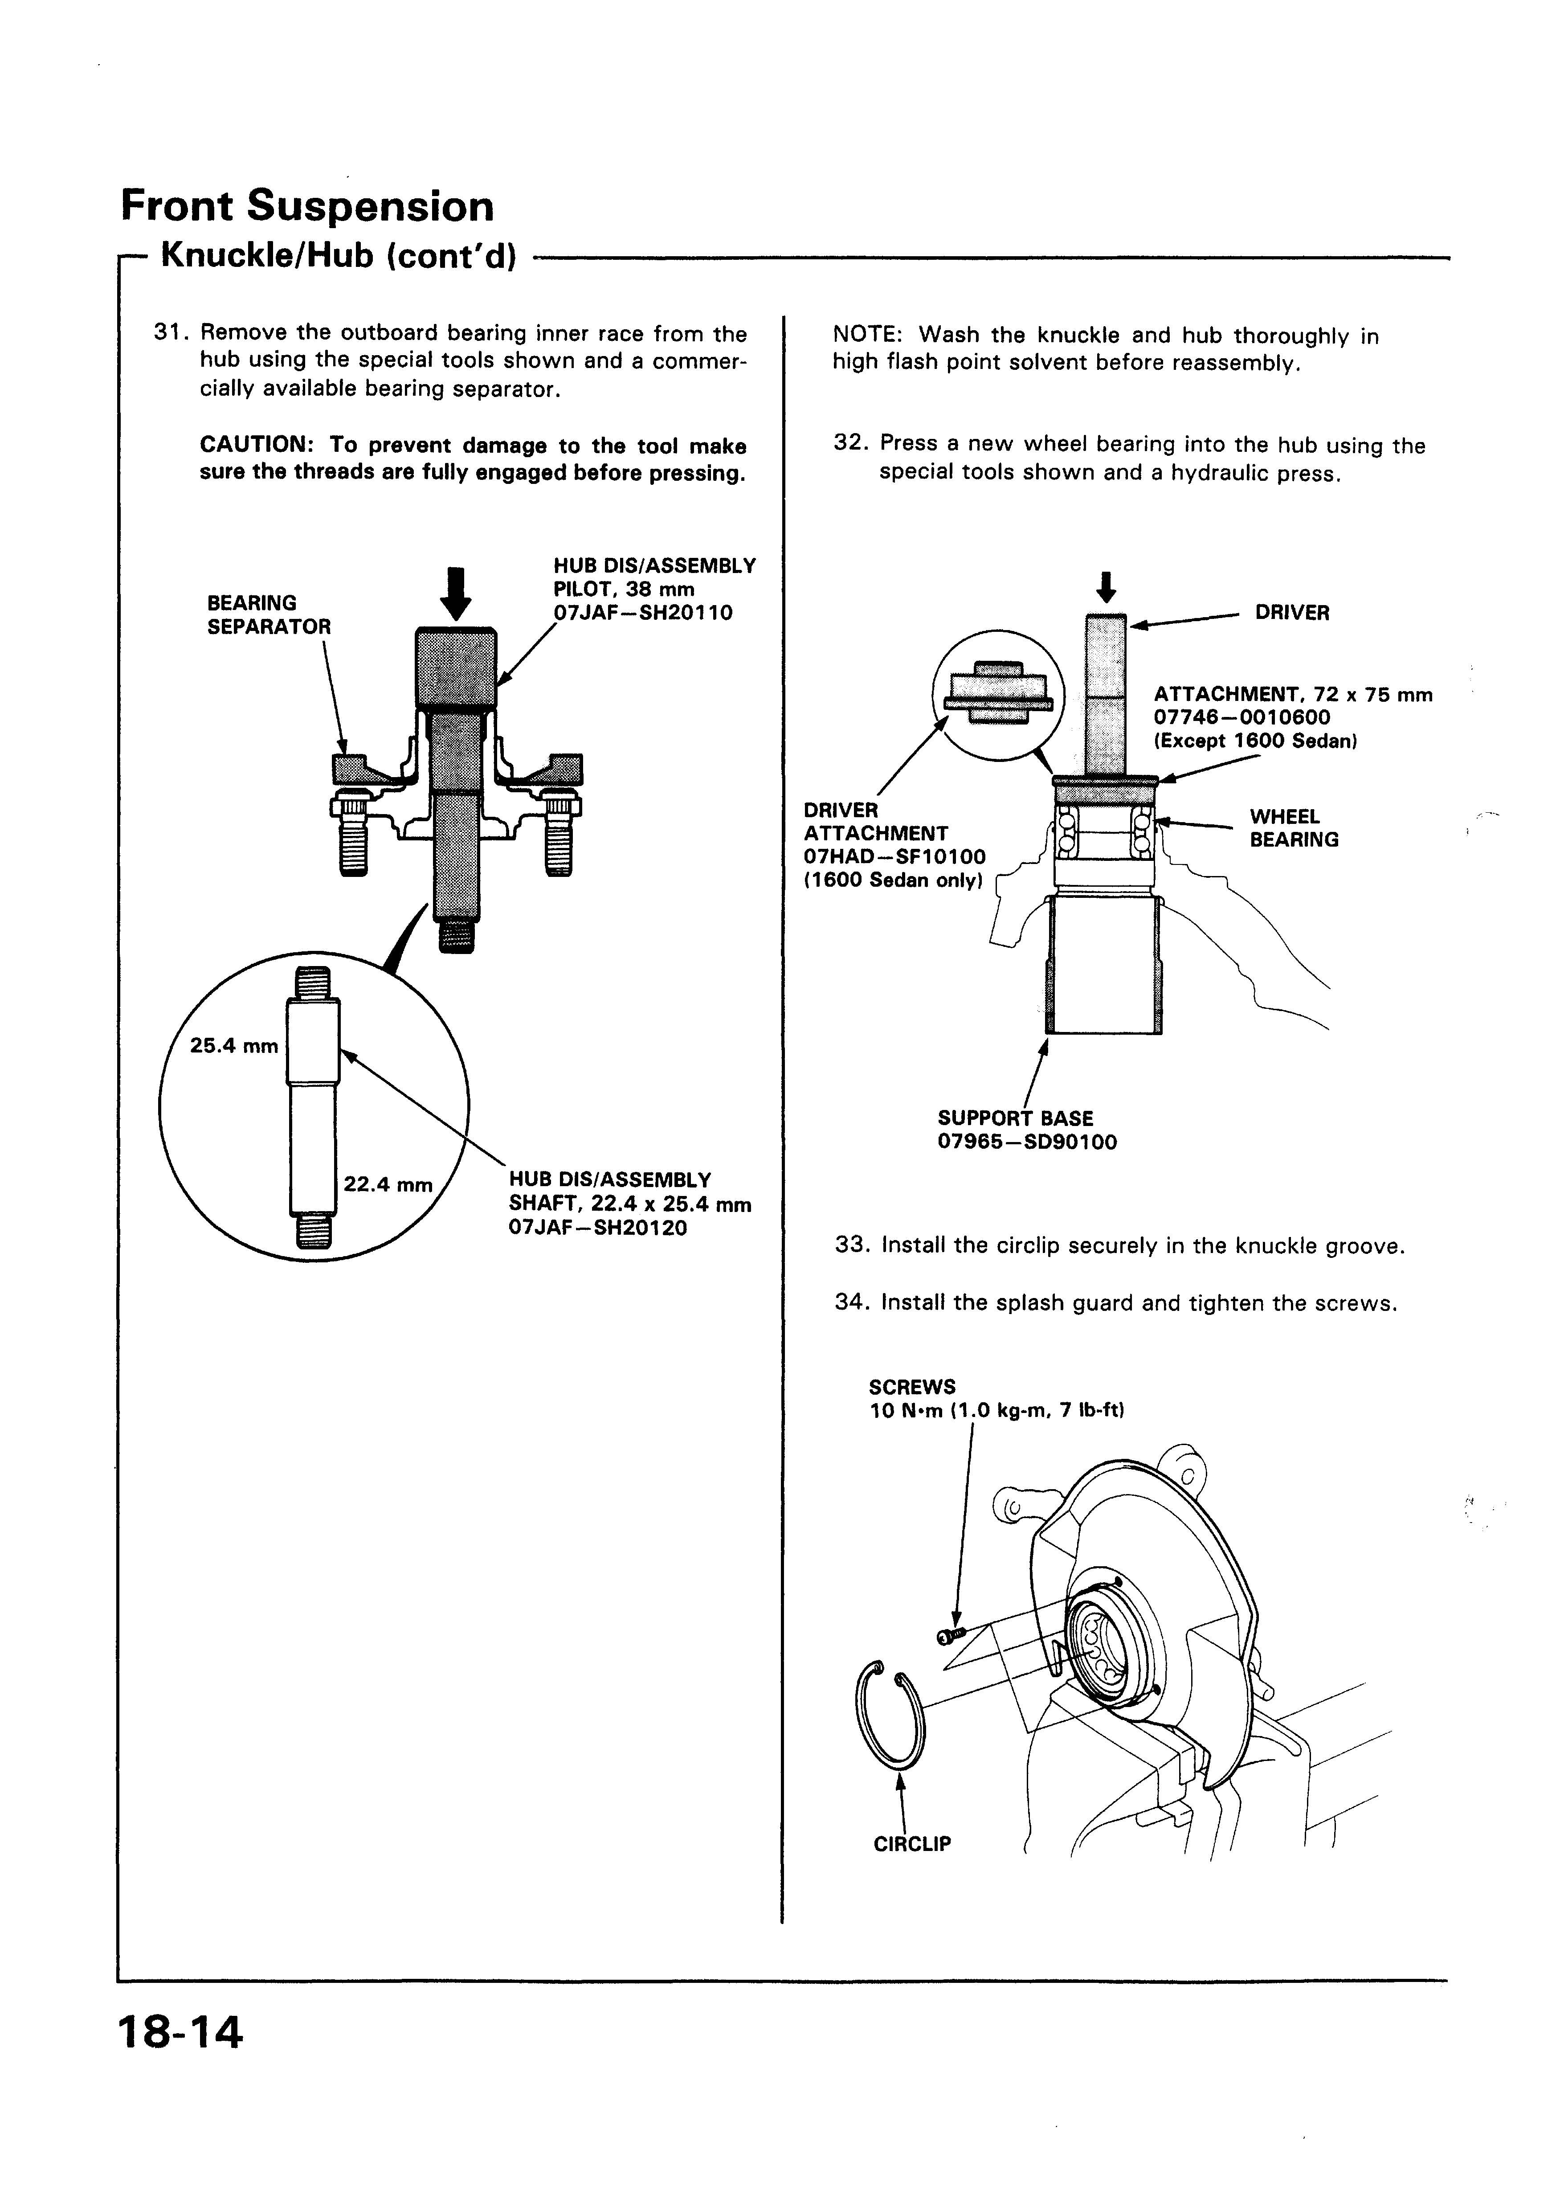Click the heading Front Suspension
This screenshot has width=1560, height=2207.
[307, 207]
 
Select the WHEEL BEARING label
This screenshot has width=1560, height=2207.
[1294, 829]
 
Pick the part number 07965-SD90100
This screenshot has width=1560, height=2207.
[1026, 1143]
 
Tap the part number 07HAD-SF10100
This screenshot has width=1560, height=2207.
[894, 856]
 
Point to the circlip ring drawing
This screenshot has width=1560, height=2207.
[889, 1714]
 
